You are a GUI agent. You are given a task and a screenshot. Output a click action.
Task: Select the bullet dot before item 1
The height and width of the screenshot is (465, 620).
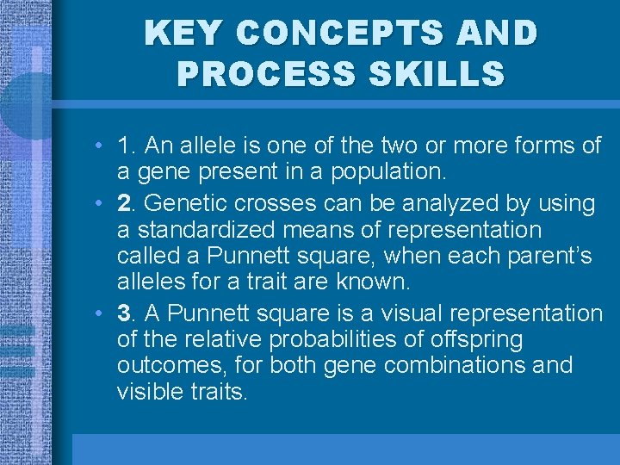click(101, 146)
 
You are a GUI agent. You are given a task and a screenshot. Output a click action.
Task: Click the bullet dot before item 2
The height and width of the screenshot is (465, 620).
click(101, 205)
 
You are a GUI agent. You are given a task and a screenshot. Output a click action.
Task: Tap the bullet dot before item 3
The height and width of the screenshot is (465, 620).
click(101, 313)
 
